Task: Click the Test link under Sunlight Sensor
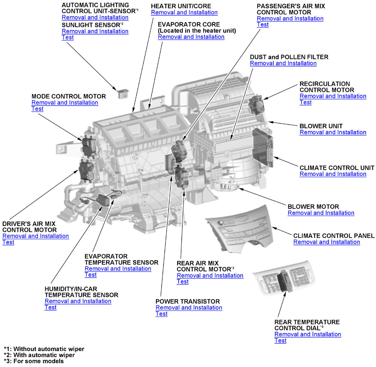[68, 38]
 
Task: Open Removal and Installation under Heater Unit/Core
[184, 13]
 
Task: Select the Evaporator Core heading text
[189, 24]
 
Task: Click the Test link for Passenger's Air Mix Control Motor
[263, 25]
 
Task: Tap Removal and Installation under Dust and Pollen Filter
[283, 63]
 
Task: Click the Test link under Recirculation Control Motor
[305, 102]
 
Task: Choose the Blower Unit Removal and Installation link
[333, 132]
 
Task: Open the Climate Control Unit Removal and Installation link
[333, 174]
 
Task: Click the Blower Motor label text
[313, 207]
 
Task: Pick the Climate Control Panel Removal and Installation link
[326, 242]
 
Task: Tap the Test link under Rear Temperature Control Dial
[280, 340]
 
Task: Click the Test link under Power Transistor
[161, 314]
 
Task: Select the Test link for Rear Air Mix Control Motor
[183, 282]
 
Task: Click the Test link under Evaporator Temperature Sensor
[91, 275]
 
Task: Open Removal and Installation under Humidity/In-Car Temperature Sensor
[78, 301]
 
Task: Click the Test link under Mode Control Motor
[37, 109]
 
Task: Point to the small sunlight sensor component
[122, 94]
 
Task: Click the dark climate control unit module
[263, 147]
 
